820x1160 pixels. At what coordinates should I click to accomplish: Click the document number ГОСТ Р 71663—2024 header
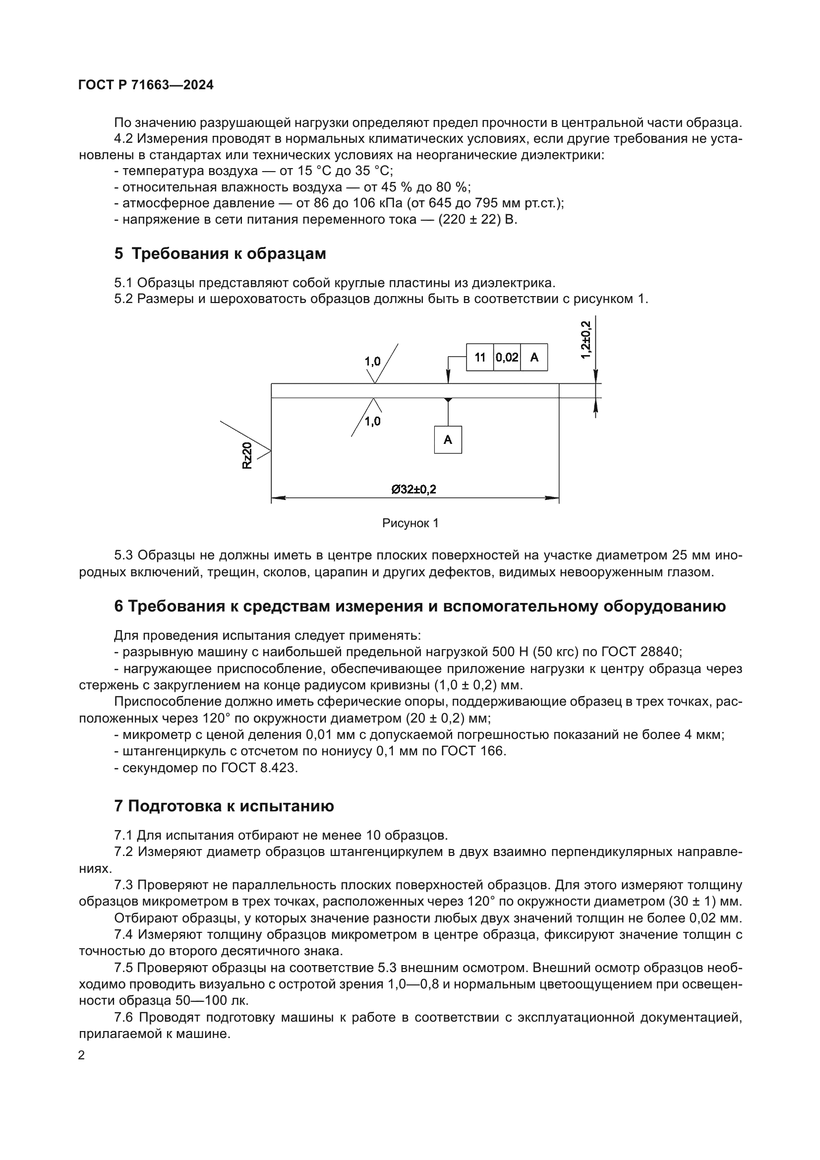click(x=146, y=85)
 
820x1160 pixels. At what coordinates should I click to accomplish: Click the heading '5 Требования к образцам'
click(x=220, y=253)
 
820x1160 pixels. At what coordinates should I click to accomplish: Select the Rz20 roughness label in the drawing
click(x=247, y=456)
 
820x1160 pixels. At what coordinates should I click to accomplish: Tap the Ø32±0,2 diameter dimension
click(x=413, y=489)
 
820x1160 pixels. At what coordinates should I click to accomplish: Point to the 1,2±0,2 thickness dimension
click(x=586, y=340)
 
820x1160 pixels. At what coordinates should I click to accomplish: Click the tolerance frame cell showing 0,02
click(x=507, y=358)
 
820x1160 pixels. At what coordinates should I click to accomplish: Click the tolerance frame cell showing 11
click(x=480, y=358)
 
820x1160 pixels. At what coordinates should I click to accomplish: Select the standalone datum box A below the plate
click(x=448, y=439)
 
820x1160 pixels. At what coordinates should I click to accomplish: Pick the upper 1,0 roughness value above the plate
click(x=373, y=361)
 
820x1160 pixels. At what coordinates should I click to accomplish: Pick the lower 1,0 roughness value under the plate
click(x=373, y=422)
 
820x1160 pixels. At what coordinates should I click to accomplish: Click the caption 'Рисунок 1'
click(x=410, y=523)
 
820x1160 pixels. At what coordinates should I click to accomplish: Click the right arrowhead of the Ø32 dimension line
click(x=553, y=498)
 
